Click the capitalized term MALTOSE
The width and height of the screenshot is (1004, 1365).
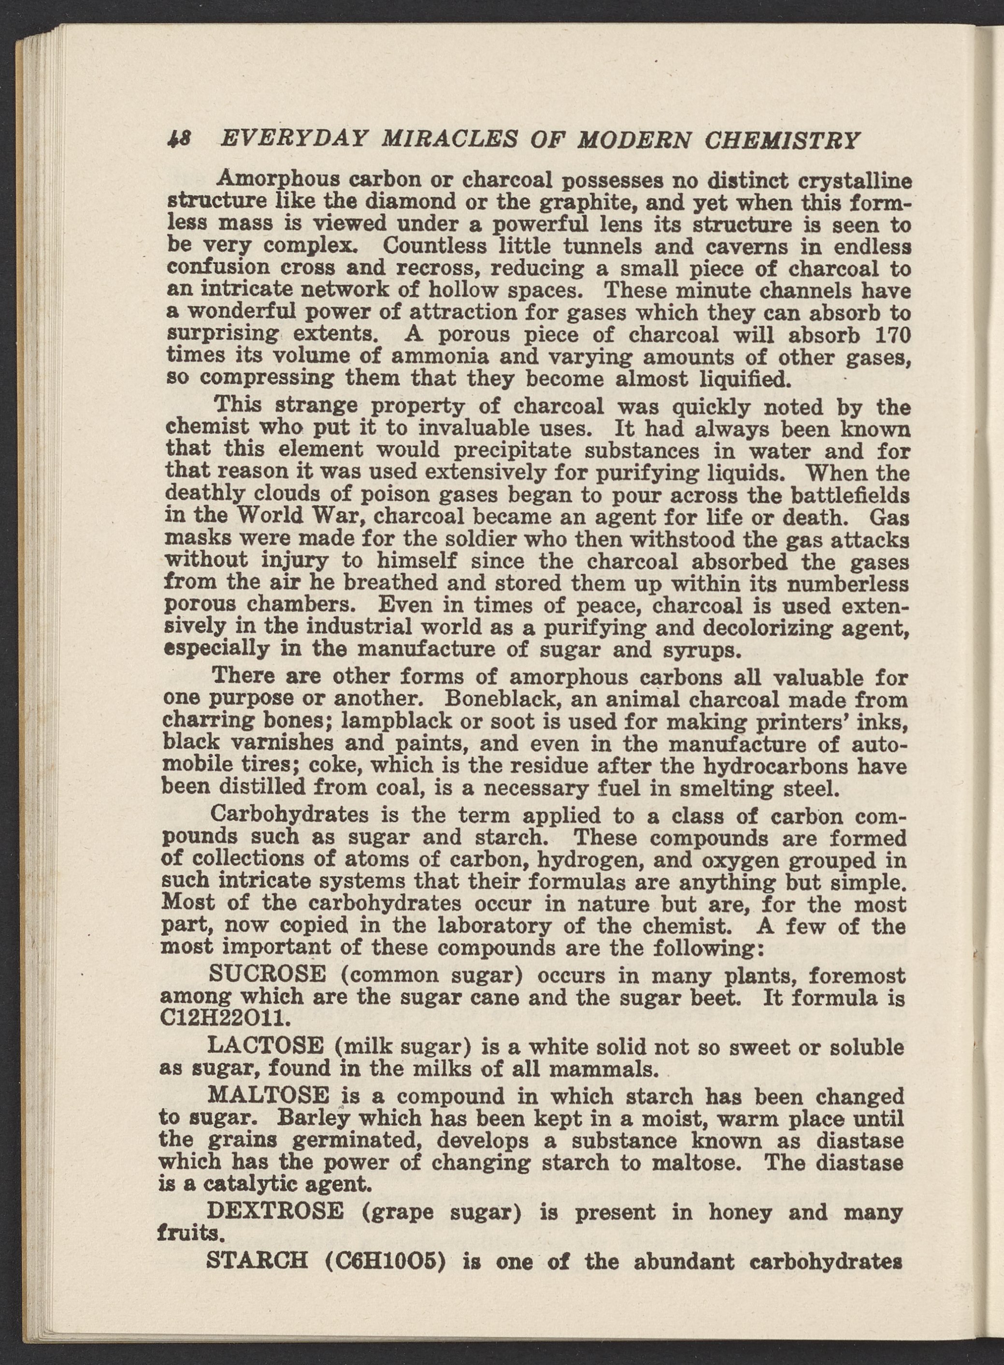[x=269, y=1096]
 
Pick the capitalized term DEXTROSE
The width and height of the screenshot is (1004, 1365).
[x=275, y=1212]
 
